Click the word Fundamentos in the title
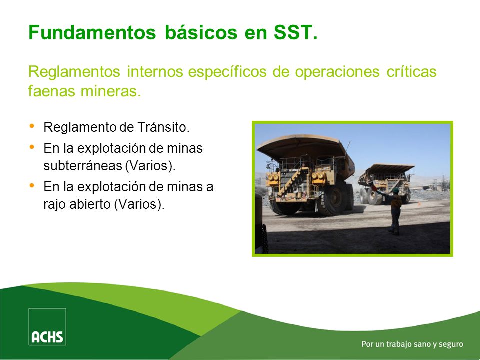(92, 32)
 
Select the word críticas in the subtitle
(411, 72)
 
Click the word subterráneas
(83, 166)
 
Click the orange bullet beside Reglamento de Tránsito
(32, 126)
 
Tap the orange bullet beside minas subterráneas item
(32, 147)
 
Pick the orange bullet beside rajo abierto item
(32, 185)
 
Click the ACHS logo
(47, 326)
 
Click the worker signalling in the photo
(393, 210)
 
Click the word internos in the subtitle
(155, 72)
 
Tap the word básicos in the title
(201, 32)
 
